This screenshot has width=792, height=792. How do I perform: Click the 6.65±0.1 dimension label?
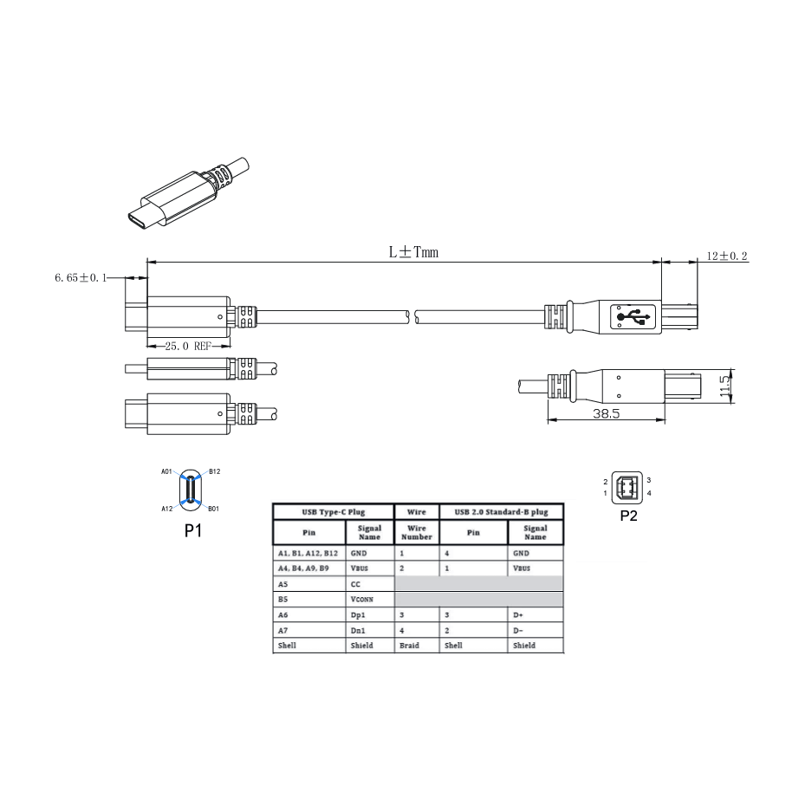tap(81, 277)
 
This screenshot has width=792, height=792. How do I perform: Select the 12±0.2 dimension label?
tap(727, 256)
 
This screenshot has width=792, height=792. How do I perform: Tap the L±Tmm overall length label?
tap(413, 252)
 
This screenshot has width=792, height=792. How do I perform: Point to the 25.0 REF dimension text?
tap(188, 347)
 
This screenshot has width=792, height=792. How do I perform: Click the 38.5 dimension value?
tap(606, 413)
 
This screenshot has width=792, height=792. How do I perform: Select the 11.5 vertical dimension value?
tap(725, 386)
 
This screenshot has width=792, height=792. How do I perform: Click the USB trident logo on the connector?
tap(633, 317)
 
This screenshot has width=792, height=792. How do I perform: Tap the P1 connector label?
tap(193, 531)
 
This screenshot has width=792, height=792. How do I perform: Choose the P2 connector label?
tap(629, 516)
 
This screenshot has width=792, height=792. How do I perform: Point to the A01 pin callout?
tap(166, 471)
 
